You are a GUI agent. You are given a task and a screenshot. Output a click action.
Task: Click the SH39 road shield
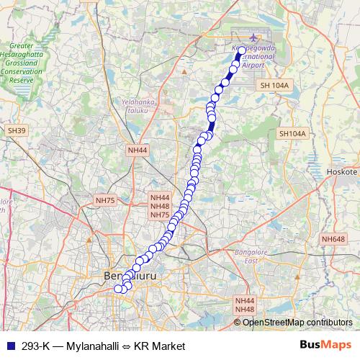[17, 130]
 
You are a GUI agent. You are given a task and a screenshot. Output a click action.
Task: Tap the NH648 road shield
[333, 239]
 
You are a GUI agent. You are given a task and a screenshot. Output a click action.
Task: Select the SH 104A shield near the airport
[274, 85]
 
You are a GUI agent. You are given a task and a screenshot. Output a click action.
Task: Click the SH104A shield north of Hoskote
[292, 133]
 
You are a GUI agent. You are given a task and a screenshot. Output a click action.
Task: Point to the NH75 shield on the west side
[105, 199]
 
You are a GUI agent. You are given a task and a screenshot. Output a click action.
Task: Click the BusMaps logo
[325, 346]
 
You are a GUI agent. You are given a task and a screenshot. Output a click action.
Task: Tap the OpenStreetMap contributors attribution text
[297, 322]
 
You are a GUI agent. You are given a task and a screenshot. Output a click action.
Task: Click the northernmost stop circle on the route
[241, 50]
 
